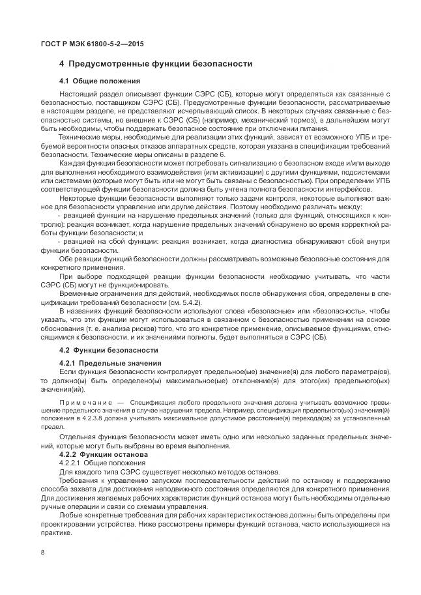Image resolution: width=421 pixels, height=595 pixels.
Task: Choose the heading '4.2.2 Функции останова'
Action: [104, 454]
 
